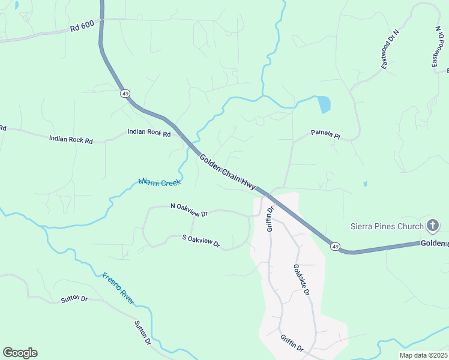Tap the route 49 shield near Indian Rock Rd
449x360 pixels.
125,93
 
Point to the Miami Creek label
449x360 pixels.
160,181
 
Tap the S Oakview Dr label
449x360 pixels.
202,241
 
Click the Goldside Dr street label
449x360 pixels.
301,280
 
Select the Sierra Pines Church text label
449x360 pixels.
387,226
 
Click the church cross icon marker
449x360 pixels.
433,226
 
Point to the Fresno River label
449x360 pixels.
118,289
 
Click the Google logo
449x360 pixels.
20,352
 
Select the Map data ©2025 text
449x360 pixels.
423,355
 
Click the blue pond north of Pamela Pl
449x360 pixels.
324,104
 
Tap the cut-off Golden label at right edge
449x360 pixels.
434,243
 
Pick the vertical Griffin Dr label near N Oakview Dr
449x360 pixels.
270,219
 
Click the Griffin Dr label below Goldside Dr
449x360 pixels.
293,343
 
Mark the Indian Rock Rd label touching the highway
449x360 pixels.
149,133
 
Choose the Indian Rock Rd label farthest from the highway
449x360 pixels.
71,140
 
